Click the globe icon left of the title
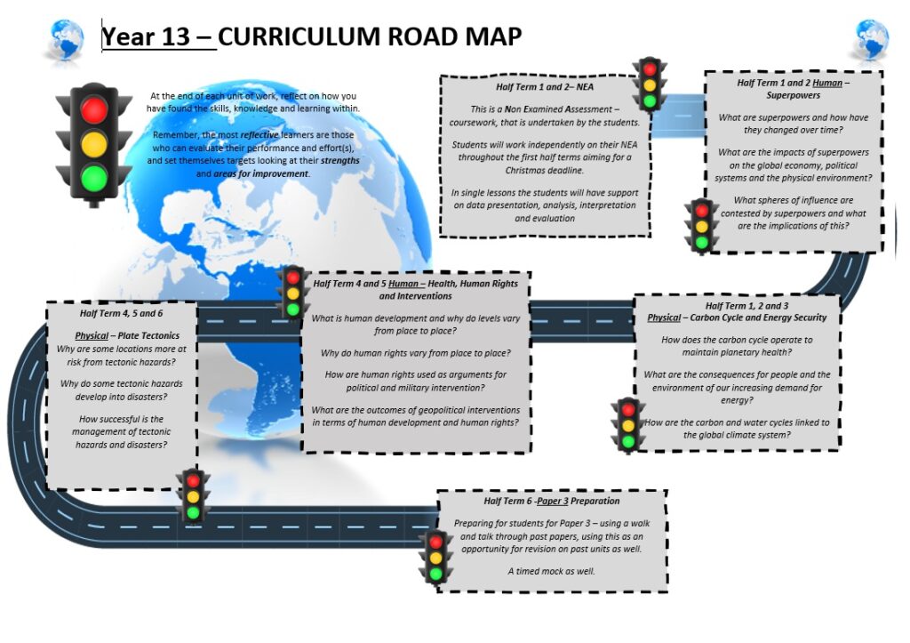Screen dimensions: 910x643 pyautogui.click(x=66, y=40)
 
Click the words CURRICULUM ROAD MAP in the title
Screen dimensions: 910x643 pyautogui.click(x=370, y=36)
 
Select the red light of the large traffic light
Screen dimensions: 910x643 pyautogui.click(x=94, y=109)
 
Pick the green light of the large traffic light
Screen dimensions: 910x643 pyautogui.click(x=94, y=178)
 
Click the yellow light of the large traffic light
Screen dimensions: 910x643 pyautogui.click(x=94, y=143)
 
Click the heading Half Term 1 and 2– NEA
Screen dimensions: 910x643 pyautogui.click(x=545, y=87)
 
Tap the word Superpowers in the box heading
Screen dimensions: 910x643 pyautogui.click(x=793, y=95)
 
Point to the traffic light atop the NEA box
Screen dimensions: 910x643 pyautogui.click(x=650, y=84)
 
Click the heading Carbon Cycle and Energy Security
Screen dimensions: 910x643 pyautogui.click(x=759, y=317)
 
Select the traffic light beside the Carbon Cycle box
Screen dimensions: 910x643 pyautogui.click(x=628, y=426)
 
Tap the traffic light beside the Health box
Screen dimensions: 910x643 pyautogui.click(x=292, y=293)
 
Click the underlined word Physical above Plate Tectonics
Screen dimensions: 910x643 pyautogui.click(x=92, y=336)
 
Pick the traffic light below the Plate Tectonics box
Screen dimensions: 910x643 pyautogui.click(x=193, y=496)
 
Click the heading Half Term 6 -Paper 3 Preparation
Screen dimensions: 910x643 pyautogui.click(x=551, y=502)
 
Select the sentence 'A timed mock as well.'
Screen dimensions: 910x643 pyautogui.click(x=551, y=572)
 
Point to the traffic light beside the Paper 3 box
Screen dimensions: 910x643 pyautogui.click(x=435, y=558)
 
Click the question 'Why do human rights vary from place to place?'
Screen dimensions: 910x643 pyautogui.click(x=416, y=353)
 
